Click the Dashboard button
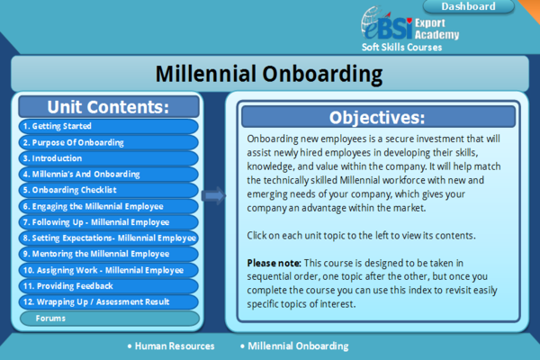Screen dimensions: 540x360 tap(468, 6)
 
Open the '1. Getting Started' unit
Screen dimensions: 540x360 tap(109, 126)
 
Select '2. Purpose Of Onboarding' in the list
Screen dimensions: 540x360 tap(109, 142)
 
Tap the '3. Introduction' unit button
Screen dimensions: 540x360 tap(109, 158)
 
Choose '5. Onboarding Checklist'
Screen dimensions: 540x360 tap(109, 190)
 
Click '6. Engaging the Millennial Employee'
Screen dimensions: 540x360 tap(109, 206)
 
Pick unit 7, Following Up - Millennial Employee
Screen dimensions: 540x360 tap(109, 222)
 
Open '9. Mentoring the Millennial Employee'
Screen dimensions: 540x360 tap(109, 254)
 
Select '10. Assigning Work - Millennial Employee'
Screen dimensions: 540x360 tap(109, 270)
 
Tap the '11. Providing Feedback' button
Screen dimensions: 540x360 tap(109, 286)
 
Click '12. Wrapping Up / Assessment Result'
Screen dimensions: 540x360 tap(109, 301)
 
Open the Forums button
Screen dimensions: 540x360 tap(110, 319)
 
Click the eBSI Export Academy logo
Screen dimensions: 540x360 tap(409, 25)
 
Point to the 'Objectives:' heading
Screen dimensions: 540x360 tap(377, 118)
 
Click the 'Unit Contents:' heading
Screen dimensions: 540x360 tap(108, 107)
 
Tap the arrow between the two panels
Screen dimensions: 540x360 tap(213, 195)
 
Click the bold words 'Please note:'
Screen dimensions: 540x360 tap(274, 263)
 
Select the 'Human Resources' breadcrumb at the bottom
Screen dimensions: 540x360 tap(175, 346)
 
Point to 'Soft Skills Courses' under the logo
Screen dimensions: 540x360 tap(402, 47)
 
